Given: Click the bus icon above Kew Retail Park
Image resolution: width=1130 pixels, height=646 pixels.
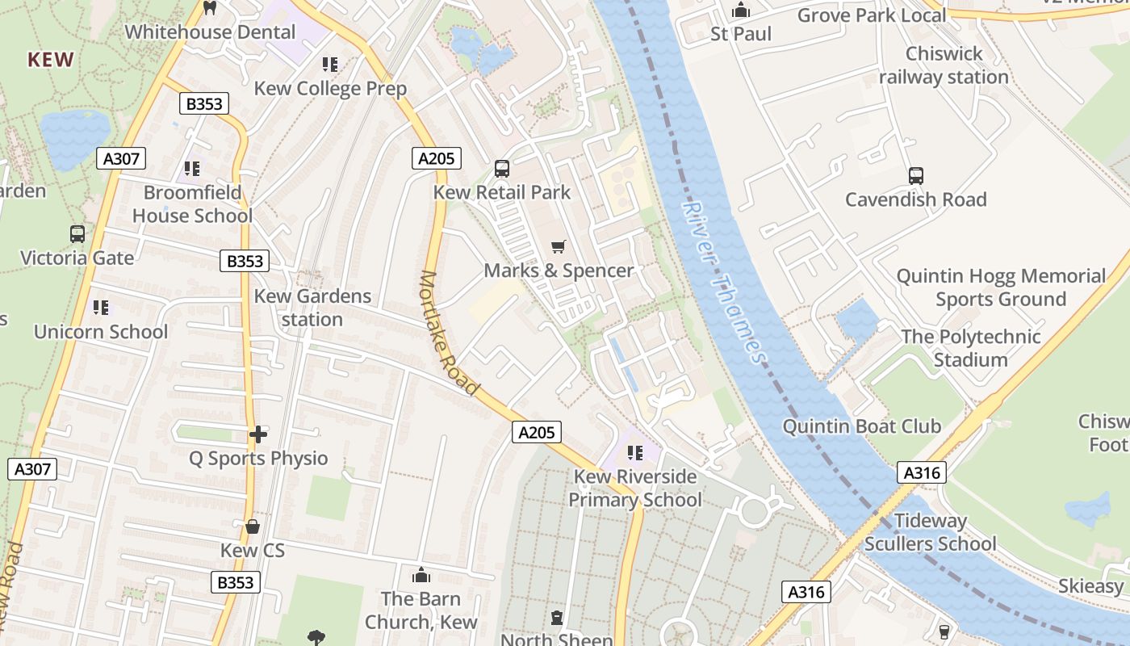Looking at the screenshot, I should tap(501, 169).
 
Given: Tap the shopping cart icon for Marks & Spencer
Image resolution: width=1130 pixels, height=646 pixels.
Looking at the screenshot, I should tap(558, 246).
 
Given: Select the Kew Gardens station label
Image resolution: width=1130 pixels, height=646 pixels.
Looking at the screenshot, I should tap(312, 308).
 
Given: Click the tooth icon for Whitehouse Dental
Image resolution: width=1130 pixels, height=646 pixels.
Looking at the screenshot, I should tap(210, 8).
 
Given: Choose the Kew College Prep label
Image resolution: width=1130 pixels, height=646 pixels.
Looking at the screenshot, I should tap(330, 88).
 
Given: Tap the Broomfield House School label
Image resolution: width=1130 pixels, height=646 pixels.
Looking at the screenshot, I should tap(192, 204).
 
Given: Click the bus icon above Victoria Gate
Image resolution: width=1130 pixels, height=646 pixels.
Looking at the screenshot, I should tap(77, 234).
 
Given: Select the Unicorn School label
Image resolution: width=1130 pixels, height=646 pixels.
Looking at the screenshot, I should tap(101, 331).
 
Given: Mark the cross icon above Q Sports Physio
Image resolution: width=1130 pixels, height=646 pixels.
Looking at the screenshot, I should tap(258, 434).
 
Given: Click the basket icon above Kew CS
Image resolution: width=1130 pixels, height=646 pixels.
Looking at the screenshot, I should tap(253, 526).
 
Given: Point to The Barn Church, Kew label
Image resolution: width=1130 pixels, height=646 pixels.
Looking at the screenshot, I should tap(421, 610).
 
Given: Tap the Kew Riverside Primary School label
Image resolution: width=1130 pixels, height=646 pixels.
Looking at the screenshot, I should tap(635, 488).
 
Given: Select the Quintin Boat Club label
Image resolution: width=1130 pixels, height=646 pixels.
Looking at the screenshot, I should tap(862, 426).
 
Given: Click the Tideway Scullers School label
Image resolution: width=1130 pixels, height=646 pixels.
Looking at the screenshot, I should tap(930, 532).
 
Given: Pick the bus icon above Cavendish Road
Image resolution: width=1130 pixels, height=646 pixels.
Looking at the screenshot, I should tap(916, 175).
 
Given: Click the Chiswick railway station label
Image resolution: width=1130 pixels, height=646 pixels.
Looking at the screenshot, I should tap(944, 65).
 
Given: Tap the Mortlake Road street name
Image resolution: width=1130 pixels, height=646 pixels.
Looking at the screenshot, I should tap(448, 333).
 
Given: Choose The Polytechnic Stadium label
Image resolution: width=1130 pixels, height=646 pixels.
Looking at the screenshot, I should tap(970, 348).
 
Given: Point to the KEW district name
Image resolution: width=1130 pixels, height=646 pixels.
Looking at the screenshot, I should tap(51, 60).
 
